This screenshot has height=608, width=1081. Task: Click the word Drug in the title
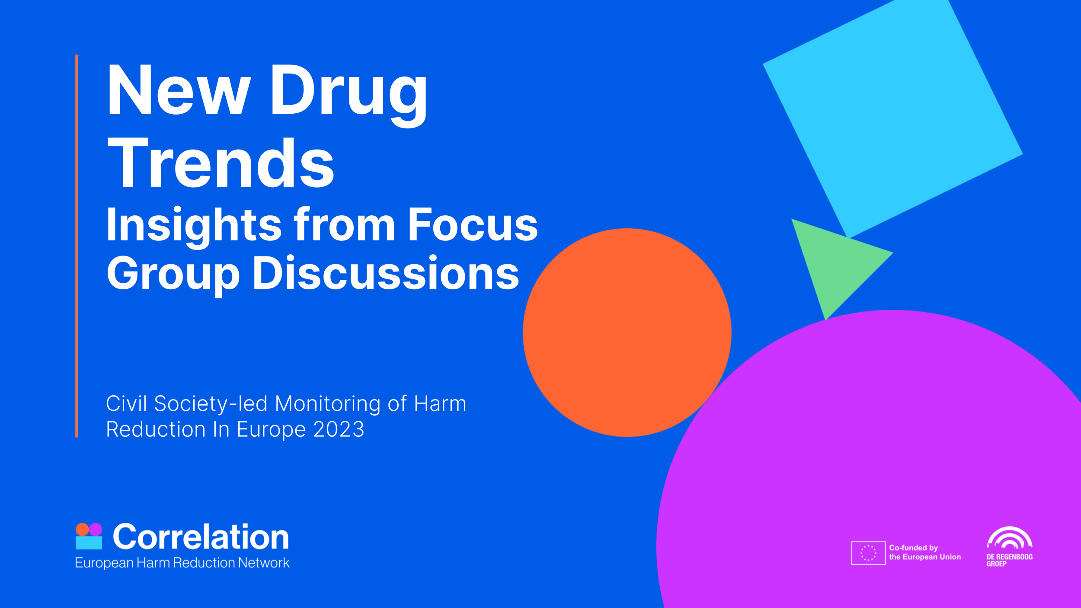(x=349, y=91)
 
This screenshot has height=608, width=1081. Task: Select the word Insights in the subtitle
(x=194, y=225)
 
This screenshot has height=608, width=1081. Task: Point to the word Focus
(x=473, y=225)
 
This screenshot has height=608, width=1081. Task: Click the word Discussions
(x=386, y=273)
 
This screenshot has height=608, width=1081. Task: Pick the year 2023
(x=339, y=429)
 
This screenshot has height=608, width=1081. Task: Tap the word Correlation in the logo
(x=201, y=537)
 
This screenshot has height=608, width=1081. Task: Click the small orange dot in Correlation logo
(x=82, y=529)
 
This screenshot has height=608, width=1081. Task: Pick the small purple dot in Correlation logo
(x=96, y=529)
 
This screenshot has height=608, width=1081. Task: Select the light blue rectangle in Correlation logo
(x=89, y=543)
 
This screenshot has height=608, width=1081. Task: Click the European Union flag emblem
(x=868, y=553)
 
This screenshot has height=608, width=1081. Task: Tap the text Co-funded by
(x=913, y=547)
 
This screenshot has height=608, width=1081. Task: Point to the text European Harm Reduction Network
(x=182, y=563)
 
